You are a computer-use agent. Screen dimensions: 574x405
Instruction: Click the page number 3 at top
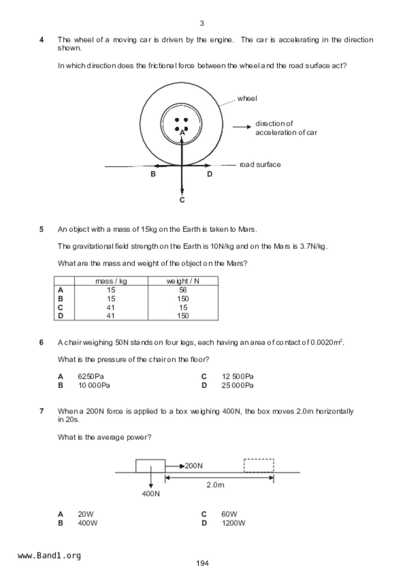tap(202, 24)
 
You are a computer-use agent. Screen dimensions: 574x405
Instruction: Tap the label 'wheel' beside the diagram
tap(247, 99)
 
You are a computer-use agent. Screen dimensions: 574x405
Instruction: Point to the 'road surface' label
tap(260, 165)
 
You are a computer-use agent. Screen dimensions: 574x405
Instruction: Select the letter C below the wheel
tap(182, 200)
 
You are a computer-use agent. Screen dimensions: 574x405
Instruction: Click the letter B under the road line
tap(153, 174)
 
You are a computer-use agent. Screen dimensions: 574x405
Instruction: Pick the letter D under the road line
tap(210, 174)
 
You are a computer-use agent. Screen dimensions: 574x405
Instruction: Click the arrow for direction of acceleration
tap(242, 127)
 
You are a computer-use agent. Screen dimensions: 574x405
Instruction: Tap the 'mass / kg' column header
tap(111, 281)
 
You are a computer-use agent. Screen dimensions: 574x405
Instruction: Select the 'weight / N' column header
tap(183, 281)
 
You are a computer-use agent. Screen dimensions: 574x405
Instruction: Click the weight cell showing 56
tap(183, 290)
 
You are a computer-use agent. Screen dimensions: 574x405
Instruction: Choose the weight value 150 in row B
tap(183, 299)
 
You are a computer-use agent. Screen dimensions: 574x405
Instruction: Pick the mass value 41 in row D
tap(111, 316)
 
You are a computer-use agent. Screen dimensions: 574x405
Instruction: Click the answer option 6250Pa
tap(91, 377)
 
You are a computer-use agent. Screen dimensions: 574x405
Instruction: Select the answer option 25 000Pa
tap(237, 386)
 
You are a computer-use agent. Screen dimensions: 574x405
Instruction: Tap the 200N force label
tap(194, 466)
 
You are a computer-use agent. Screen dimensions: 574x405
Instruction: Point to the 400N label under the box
tap(151, 494)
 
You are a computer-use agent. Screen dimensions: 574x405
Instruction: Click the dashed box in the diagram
tap(259, 466)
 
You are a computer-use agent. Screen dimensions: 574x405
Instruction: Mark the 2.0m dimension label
tap(215, 485)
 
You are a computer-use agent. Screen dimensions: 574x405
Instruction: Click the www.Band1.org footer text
tap(49, 556)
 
